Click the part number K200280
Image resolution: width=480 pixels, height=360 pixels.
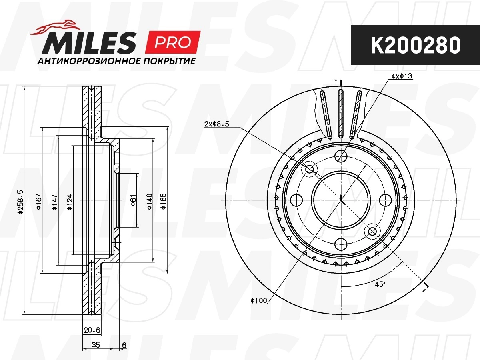point(415,46)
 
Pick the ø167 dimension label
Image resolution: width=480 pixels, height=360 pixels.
point(38,202)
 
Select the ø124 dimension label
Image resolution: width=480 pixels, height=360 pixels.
point(70,202)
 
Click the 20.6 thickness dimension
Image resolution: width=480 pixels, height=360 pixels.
point(92,330)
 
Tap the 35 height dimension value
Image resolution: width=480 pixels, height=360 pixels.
point(96,345)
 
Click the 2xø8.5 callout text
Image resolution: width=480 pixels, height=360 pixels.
point(216,124)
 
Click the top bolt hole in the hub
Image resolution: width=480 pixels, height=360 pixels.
point(341,156)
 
